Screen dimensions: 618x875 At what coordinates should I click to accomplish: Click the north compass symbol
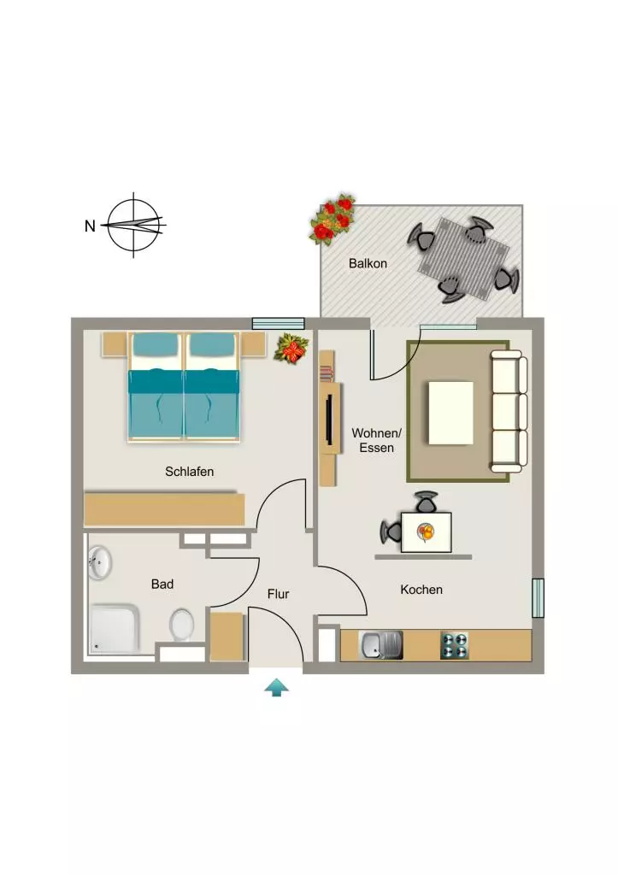[x=133, y=225]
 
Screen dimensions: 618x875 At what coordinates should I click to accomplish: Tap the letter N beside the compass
[x=90, y=226]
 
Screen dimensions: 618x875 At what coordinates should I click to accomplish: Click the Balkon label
[x=368, y=263]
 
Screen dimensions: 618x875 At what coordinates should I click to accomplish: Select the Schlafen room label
[x=189, y=472]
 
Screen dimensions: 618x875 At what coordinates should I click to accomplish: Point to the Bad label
[x=162, y=584]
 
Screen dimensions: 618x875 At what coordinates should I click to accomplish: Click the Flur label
[x=278, y=595]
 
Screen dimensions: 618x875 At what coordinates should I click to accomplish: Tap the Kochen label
[x=421, y=590]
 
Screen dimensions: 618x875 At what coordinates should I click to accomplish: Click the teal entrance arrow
[x=276, y=688]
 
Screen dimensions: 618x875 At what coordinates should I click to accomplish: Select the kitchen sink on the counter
[x=380, y=645]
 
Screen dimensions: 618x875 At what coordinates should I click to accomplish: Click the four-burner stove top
[x=455, y=645]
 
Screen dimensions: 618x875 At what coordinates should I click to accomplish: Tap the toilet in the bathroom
[x=181, y=625]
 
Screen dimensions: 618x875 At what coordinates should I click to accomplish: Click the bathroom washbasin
[x=100, y=563]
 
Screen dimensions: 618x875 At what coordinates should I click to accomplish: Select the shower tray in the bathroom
[x=115, y=629]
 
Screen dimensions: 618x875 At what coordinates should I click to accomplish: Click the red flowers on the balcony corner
[x=333, y=219]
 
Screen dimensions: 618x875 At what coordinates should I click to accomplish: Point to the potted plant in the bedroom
[x=291, y=349]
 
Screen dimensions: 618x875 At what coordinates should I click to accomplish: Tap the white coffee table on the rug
[x=450, y=413]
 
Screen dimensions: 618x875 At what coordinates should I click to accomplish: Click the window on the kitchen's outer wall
[x=538, y=598]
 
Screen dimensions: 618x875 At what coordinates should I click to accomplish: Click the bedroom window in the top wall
[x=278, y=324]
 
